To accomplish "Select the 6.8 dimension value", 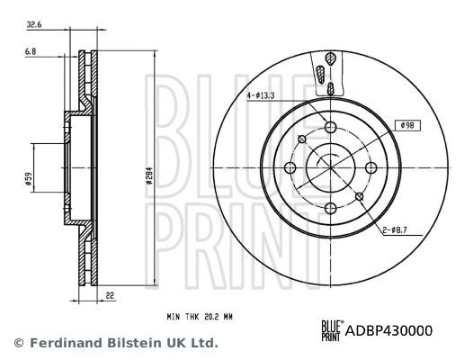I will coord(31,53).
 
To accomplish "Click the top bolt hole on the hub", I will coord(330,128).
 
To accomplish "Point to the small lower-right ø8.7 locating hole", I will coord(358,195).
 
